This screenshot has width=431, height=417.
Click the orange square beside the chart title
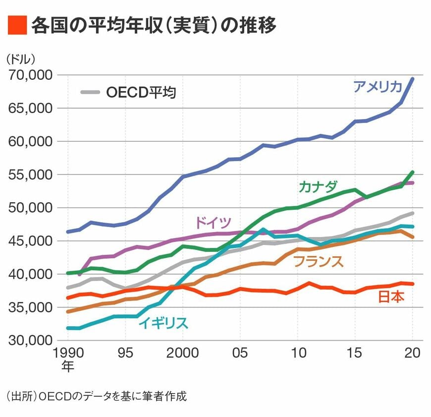(17, 25)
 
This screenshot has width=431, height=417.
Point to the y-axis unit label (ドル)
(21, 59)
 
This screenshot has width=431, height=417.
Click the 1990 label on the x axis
(68, 353)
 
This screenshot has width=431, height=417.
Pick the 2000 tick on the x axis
(183, 353)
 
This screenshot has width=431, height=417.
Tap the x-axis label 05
(240, 353)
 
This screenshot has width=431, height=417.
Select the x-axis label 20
(412, 353)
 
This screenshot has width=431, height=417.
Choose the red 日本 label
(391, 297)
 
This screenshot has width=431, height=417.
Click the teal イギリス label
(163, 323)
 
